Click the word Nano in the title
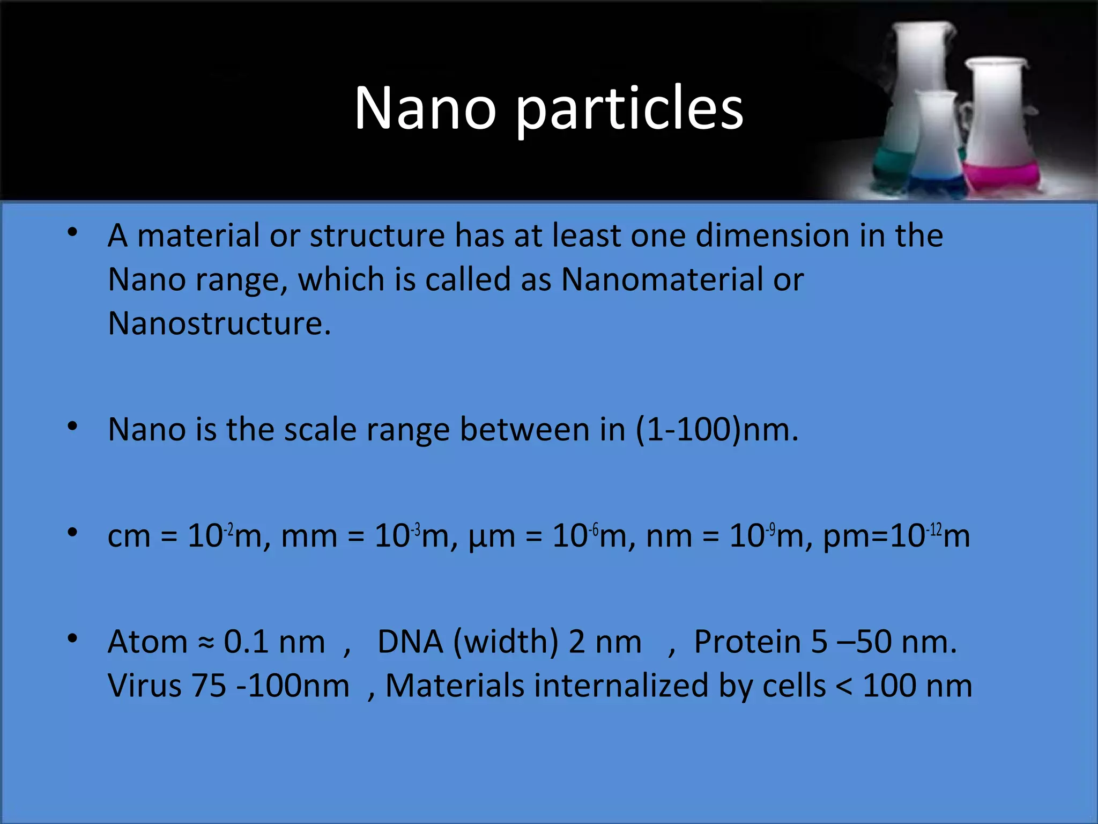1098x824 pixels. (425, 108)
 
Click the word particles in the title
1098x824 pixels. (629, 110)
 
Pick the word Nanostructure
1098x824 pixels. (219, 323)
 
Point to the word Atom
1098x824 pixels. (147, 642)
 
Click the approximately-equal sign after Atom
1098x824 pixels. (206, 643)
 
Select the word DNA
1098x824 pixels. (410, 642)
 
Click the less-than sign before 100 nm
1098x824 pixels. (844, 687)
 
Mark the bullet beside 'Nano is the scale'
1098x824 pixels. (72, 427)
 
